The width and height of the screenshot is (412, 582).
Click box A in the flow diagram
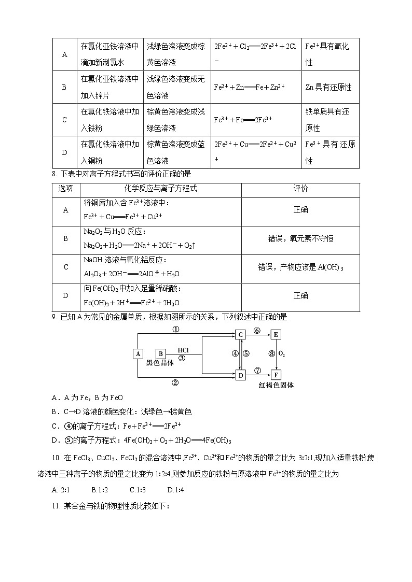click(138, 353)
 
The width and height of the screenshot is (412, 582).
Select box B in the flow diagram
click(161, 353)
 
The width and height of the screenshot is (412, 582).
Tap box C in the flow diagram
click(240, 335)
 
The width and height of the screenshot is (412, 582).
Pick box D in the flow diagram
click(240, 375)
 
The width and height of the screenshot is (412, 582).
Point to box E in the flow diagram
click(276, 335)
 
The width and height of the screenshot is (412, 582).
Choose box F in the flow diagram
click(276, 375)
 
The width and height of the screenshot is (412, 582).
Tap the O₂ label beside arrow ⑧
click(282, 354)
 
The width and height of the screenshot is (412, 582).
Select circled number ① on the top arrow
click(176, 329)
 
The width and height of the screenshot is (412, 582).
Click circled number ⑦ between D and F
click(257, 370)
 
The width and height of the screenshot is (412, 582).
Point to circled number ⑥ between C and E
click(257, 330)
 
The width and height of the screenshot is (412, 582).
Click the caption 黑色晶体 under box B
click(160, 363)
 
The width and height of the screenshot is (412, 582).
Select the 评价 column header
click(300, 189)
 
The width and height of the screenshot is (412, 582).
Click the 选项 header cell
click(65, 189)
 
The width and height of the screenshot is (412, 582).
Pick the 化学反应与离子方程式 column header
click(160, 189)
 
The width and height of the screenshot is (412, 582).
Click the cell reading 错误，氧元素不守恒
click(300, 238)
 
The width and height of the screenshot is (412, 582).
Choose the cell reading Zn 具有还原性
click(328, 87)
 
